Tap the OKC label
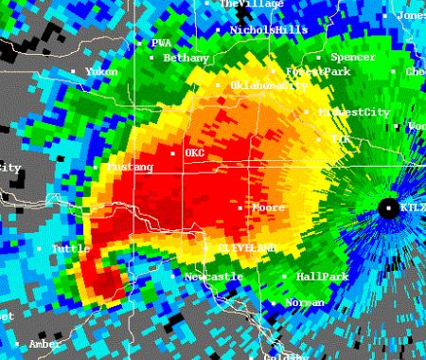[194, 153]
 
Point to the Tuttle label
[71, 248]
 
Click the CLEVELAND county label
[247, 247]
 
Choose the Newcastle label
[213, 276]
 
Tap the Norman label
[305, 302]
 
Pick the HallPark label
[323, 277]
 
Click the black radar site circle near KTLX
[388, 207]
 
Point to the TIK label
[341, 138]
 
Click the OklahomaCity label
[269, 85]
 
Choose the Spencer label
[352, 58]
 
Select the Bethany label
[186, 58]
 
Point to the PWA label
[161, 43]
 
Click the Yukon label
[101, 71]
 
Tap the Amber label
[44, 344]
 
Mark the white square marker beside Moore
[246, 207]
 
